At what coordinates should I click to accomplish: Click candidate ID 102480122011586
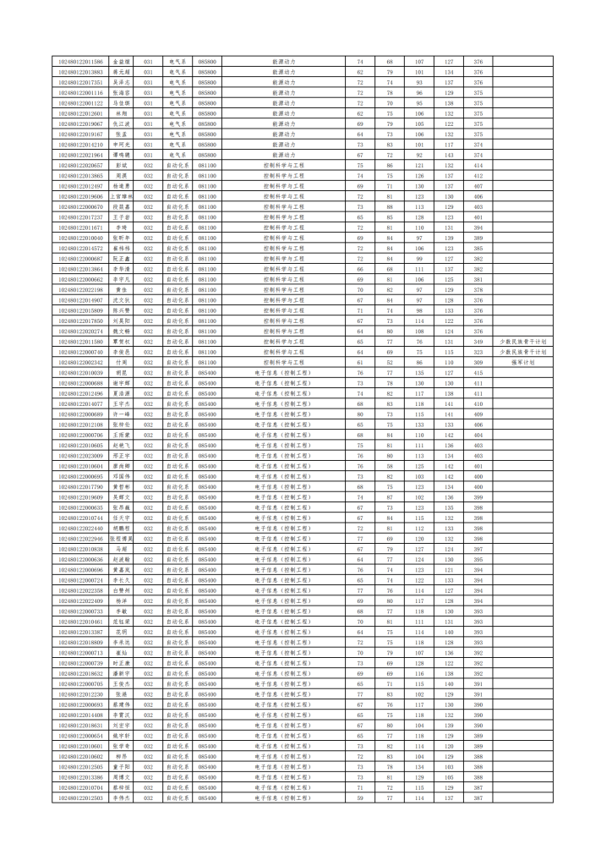(80, 62)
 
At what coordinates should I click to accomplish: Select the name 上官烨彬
(121, 196)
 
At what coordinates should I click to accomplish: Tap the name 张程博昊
(121, 539)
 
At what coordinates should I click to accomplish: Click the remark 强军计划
(523, 362)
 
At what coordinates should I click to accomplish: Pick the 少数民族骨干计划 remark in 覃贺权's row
(523, 342)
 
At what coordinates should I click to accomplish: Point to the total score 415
(478, 373)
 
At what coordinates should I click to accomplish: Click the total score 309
(478, 362)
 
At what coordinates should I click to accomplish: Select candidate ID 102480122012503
(80, 797)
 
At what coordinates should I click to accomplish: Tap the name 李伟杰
(121, 797)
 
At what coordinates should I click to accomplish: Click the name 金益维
(121, 62)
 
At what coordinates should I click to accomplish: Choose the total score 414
(478, 165)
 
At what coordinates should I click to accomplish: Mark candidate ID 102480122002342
(80, 362)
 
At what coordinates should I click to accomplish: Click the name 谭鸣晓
(121, 155)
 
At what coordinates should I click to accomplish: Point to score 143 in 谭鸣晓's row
(448, 155)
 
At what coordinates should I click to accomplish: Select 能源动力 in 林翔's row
(284, 113)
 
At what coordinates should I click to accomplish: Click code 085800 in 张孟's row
(207, 134)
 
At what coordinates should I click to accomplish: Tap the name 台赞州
(121, 590)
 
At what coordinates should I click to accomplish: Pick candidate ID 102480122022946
(80, 539)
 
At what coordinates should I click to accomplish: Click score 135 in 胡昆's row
(418, 373)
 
